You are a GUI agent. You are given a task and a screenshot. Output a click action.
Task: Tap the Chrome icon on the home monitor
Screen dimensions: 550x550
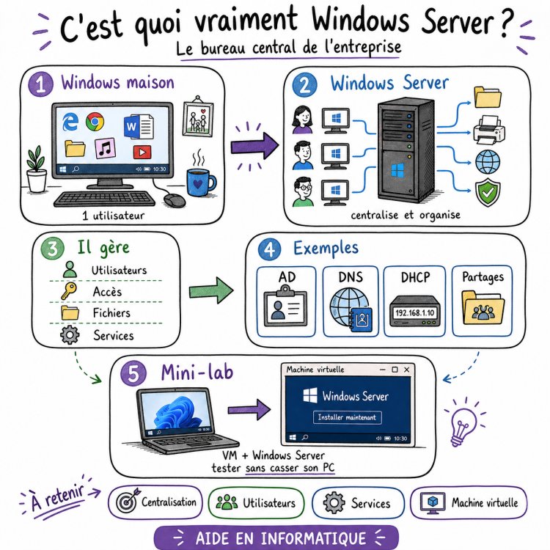tap(95, 122)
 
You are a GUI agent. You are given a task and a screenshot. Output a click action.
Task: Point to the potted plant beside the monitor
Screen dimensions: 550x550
tap(35, 171)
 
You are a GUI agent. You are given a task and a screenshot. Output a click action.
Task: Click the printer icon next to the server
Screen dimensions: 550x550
tap(488, 129)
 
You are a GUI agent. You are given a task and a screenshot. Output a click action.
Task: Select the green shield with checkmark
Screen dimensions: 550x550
tap(488, 193)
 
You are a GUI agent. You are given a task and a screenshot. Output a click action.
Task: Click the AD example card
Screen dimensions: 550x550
tap(287, 301)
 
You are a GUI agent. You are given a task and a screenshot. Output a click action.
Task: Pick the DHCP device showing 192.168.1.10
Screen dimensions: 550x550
tap(414, 312)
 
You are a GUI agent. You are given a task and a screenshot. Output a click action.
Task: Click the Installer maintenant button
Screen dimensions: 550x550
tap(348, 417)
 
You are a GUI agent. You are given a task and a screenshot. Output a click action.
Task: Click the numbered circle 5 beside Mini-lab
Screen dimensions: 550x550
tap(133, 374)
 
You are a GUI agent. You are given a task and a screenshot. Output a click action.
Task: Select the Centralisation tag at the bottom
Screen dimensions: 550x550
tap(155, 502)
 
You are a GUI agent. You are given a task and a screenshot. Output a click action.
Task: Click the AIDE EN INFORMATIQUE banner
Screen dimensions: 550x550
tap(275, 538)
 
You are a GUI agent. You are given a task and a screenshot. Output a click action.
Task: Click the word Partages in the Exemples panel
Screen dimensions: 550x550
tap(483, 276)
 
